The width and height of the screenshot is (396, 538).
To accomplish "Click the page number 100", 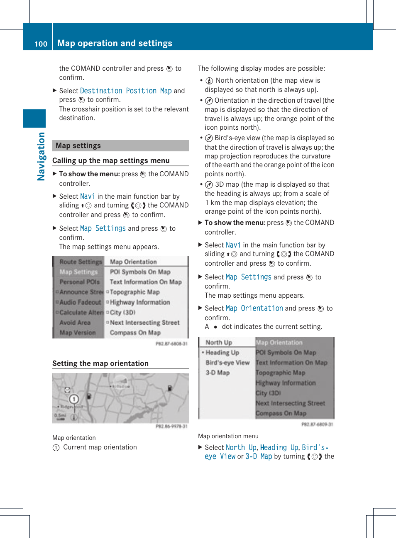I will click(x=41, y=44).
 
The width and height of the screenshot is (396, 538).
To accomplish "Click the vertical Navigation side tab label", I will click(x=41, y=156).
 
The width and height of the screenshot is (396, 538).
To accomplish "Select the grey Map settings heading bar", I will click(x=120, y=146).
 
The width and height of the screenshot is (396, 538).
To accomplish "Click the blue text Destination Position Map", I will click(x=125, y=91).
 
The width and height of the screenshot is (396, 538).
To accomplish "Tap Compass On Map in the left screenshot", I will click(x=135, y=333).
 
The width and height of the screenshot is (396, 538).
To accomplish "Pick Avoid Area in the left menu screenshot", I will click(x=75, y=323).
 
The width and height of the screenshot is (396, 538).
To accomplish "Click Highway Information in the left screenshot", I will click(x=139, y=302).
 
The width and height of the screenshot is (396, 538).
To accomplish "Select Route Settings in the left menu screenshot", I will click(x=80, y=262).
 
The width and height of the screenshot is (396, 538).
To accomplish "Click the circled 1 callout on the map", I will click(x=74, y=399).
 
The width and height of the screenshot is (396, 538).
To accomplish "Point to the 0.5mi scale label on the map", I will click(x=60, y=415).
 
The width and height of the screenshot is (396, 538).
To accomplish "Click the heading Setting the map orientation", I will click(x=100, y=363).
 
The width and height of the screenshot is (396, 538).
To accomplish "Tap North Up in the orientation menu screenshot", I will click(x=219, y=343).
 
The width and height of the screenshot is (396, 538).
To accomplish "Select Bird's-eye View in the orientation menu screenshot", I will click(x=227, y=363).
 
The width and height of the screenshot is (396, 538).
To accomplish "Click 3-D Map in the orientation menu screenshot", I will click(x=218, y=373).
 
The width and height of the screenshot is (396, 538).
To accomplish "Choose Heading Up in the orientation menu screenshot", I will click(x=222, y=353).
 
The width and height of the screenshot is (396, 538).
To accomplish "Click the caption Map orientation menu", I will click(x=228, y=436).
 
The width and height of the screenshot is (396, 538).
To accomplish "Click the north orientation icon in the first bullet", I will click(x=209, y=81).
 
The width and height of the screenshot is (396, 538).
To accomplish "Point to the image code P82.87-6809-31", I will click(x=317, y=424).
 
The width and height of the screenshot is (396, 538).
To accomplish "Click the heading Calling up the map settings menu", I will click(x=111, y=160).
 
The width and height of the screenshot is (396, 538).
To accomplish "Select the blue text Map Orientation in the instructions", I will click(x=254, y=308).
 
